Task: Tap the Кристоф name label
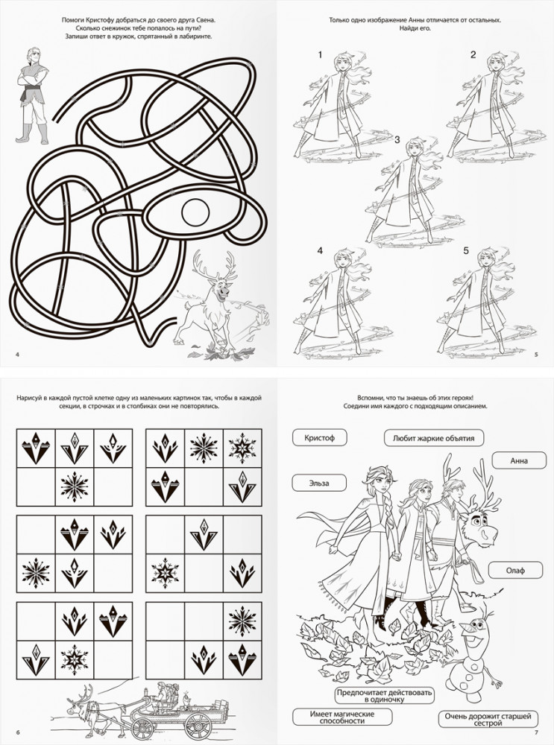(x=320, y=437)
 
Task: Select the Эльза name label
(x=318, y=484)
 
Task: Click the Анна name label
(x=519, y=460)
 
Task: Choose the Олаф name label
(x=515, y=570)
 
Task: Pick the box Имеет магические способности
(x=342, y=717)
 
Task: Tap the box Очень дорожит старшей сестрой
(x=488, y=719)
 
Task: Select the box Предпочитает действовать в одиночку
(x=385, y=696)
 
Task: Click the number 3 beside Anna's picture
(x=397, y=140)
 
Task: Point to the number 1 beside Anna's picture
(x=320, y=55)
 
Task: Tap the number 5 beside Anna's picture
(x=466, y=250)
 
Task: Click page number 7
(x=536, y=732)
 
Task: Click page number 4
(x=18, y=354)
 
